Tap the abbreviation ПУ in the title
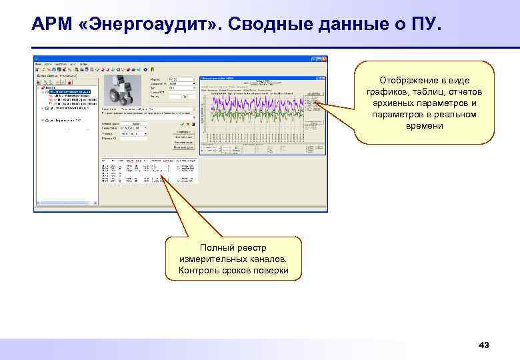424,25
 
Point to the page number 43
484,345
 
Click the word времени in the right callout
424,127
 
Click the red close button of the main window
323,58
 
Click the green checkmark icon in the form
183,123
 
